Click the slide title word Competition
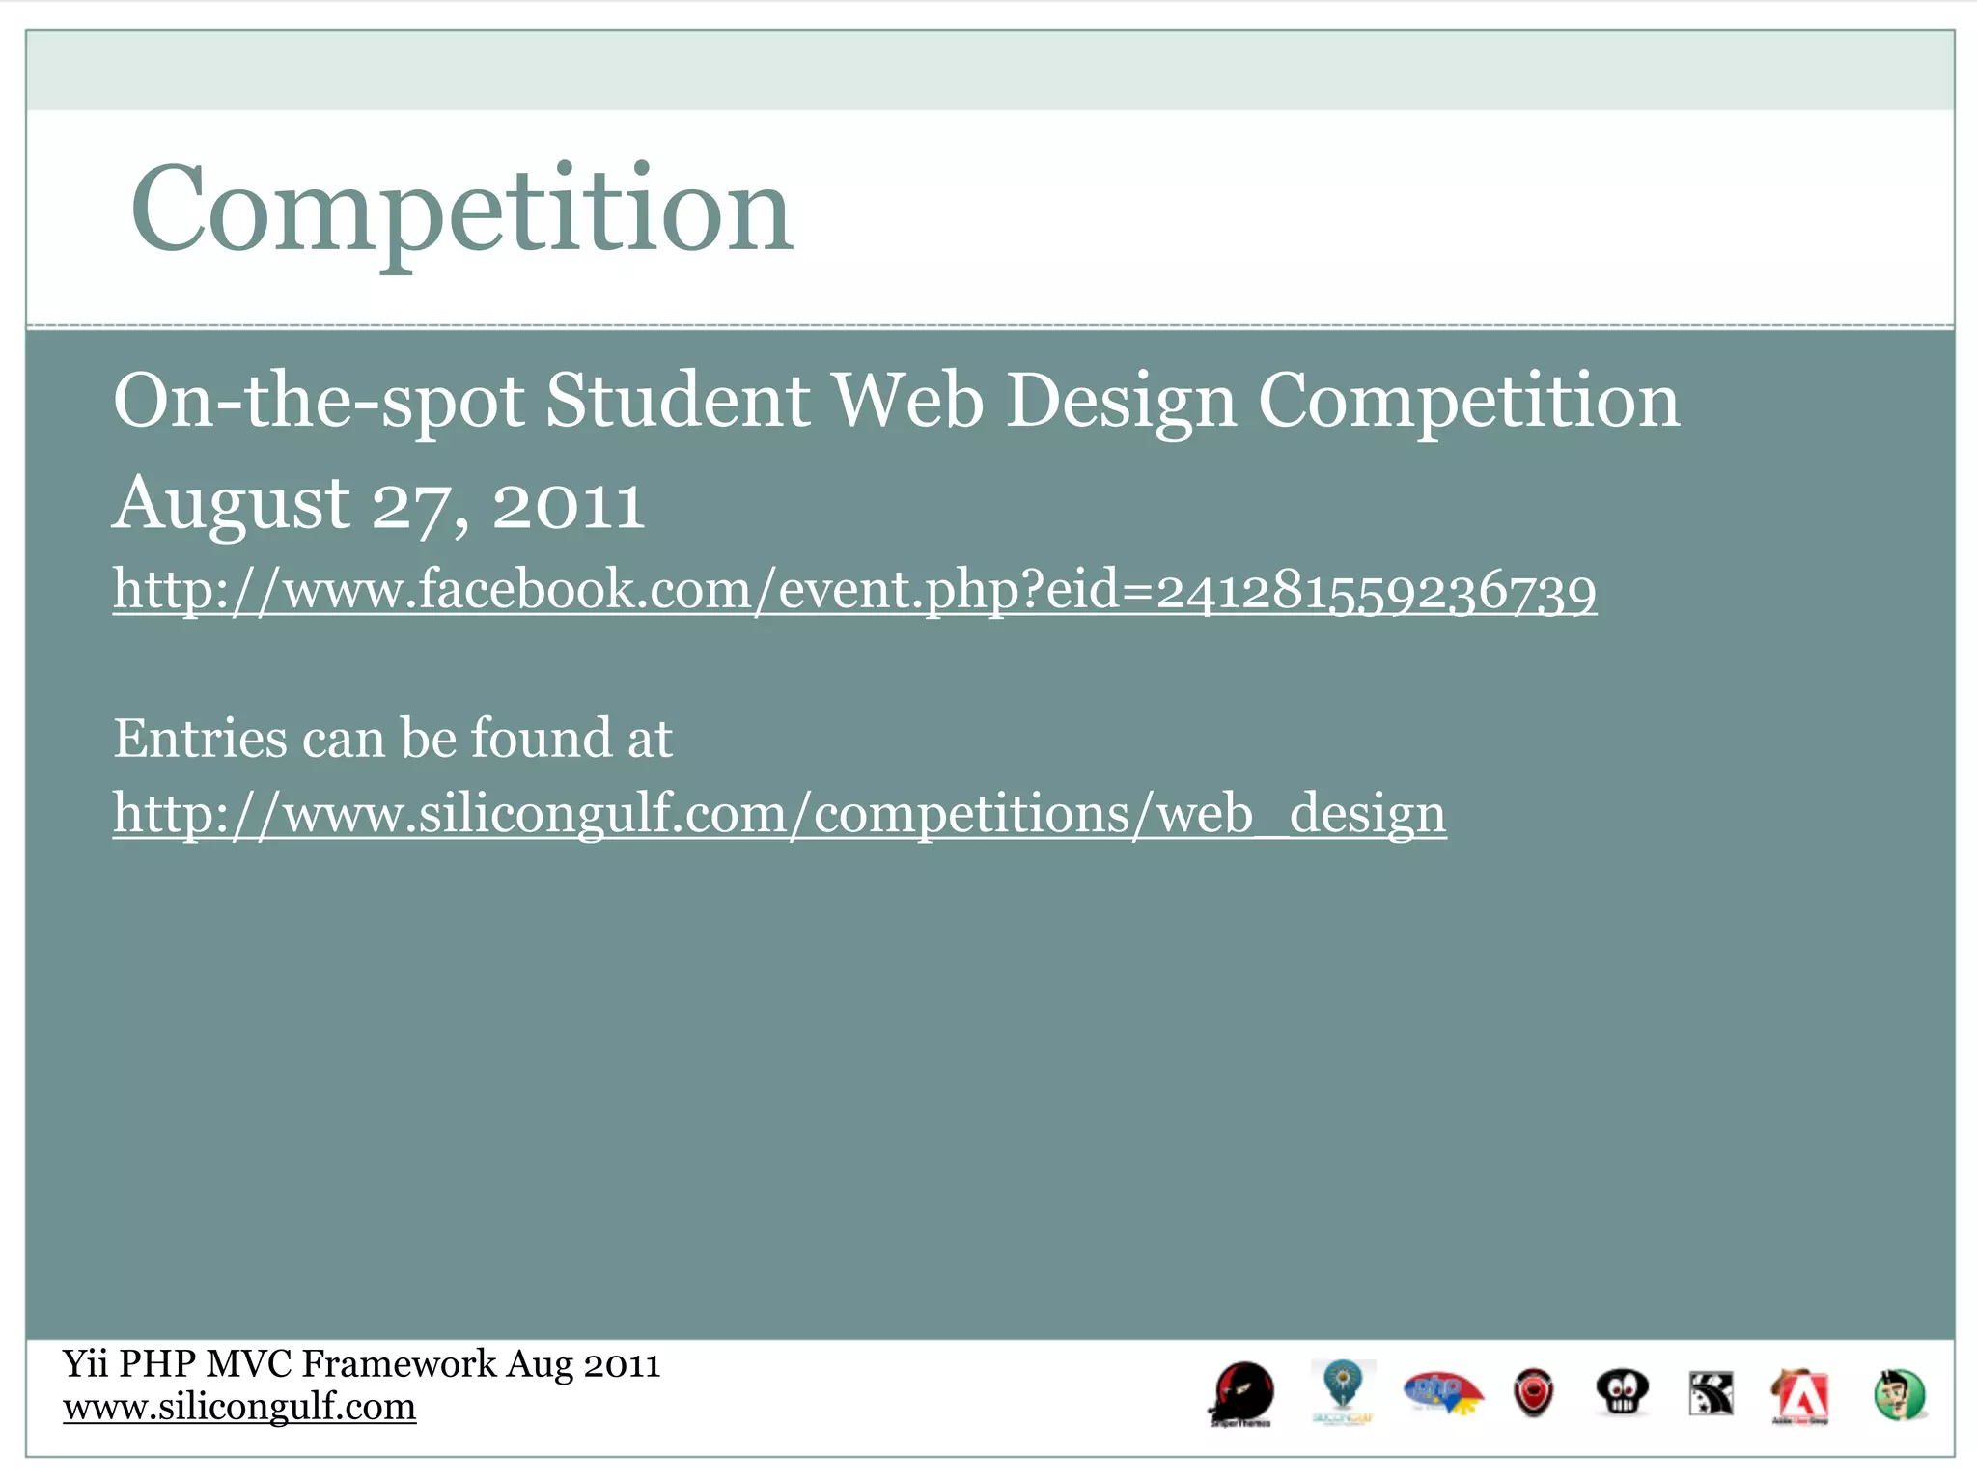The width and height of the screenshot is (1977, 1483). [x=461, y=210]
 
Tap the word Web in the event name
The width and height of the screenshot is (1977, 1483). [x=907, y=401]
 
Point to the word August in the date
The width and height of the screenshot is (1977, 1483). [x=231, y=504]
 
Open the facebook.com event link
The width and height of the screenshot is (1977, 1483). [x=854, y=590]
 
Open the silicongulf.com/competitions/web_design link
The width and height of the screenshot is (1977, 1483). [x=779, y=814]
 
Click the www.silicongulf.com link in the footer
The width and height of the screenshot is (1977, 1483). [x=239, y=1407]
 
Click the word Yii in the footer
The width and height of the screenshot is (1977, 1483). [x=85, y=1364]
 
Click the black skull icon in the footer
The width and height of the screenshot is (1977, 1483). [x=1622, y=1393]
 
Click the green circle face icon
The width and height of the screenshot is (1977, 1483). [x=1899, y=1395]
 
